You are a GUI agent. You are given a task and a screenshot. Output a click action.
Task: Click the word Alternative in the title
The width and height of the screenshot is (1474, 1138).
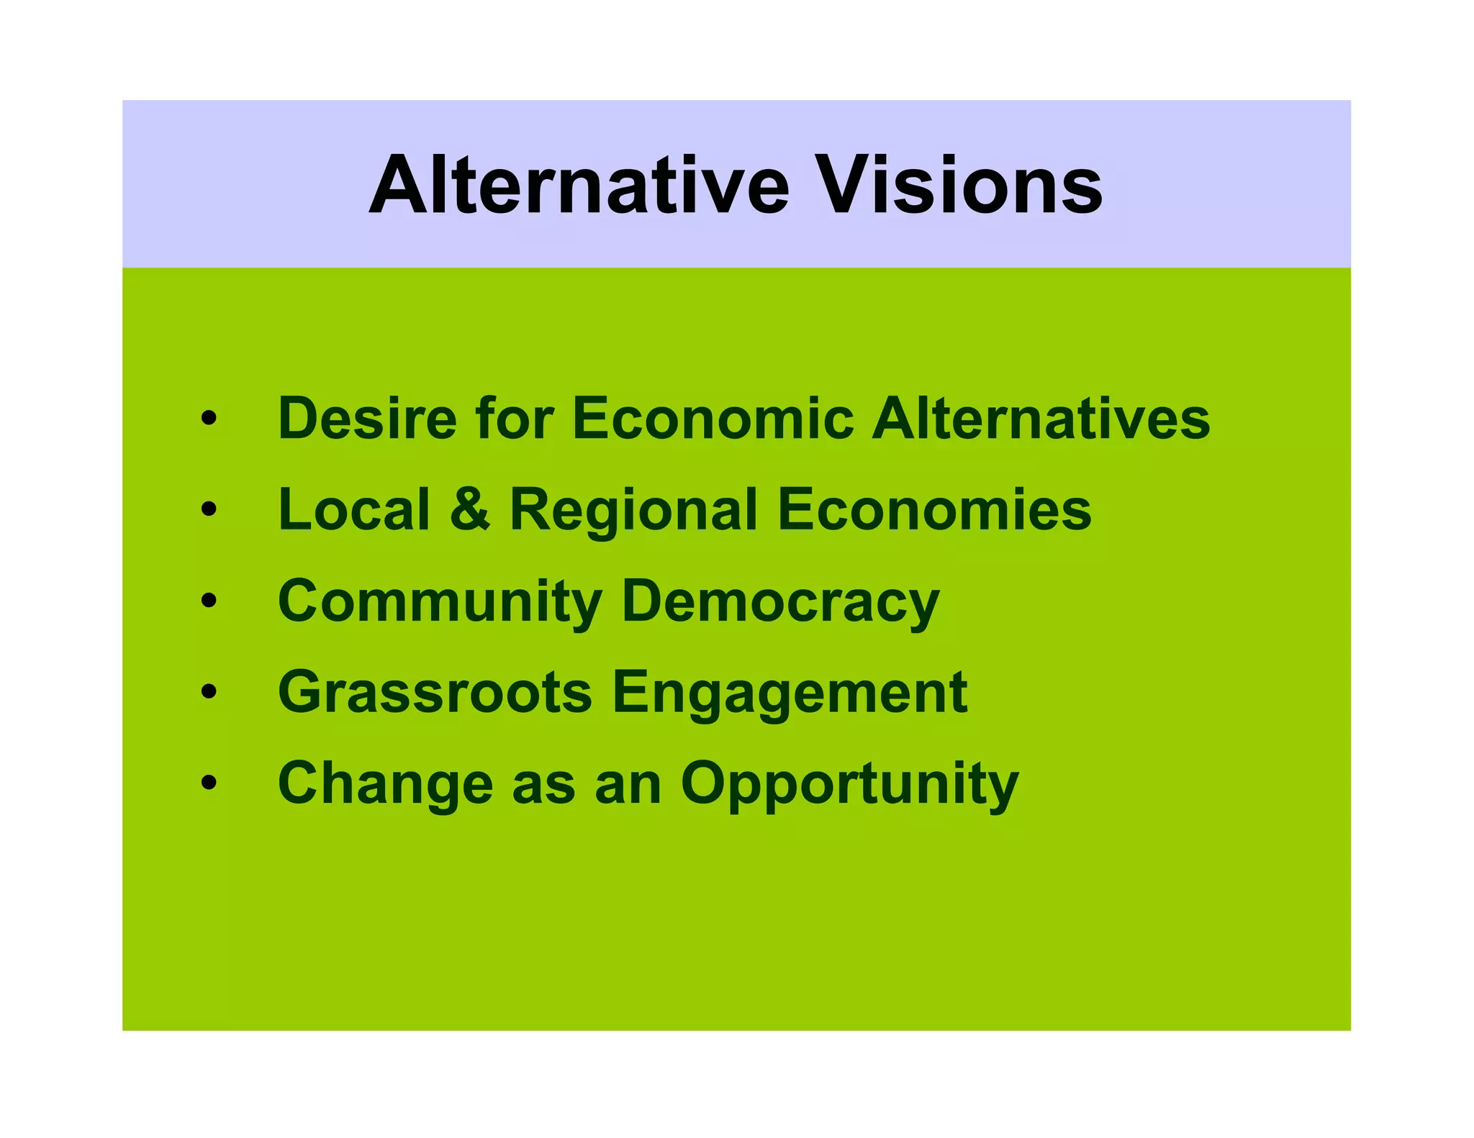(x=579, y=185)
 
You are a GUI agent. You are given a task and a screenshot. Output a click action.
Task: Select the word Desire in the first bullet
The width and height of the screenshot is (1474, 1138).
(x=367, y=419)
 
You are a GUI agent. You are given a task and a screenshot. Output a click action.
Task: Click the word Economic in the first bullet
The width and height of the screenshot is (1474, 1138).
(x=713, y=419)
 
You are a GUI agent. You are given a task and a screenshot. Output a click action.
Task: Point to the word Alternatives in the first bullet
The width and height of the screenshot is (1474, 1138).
(x=1041, y=419)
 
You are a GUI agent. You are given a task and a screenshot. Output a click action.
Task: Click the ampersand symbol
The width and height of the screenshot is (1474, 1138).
(x=470, y=509)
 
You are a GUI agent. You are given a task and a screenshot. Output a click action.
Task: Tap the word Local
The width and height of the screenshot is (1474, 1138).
(x=354, y=509)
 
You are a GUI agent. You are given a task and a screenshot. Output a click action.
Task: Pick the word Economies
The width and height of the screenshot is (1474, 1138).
(x=934, y=509)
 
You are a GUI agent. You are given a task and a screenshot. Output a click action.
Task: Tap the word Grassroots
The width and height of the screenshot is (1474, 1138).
(x=435, y=692)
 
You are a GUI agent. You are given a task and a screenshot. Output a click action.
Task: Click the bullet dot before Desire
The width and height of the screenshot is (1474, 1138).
(x=209, y=418)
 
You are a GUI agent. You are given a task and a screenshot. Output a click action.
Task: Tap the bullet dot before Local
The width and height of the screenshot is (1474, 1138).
(x=209, y=509)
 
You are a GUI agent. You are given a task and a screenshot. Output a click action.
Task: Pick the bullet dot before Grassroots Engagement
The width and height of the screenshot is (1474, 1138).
(x=209, y=691)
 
